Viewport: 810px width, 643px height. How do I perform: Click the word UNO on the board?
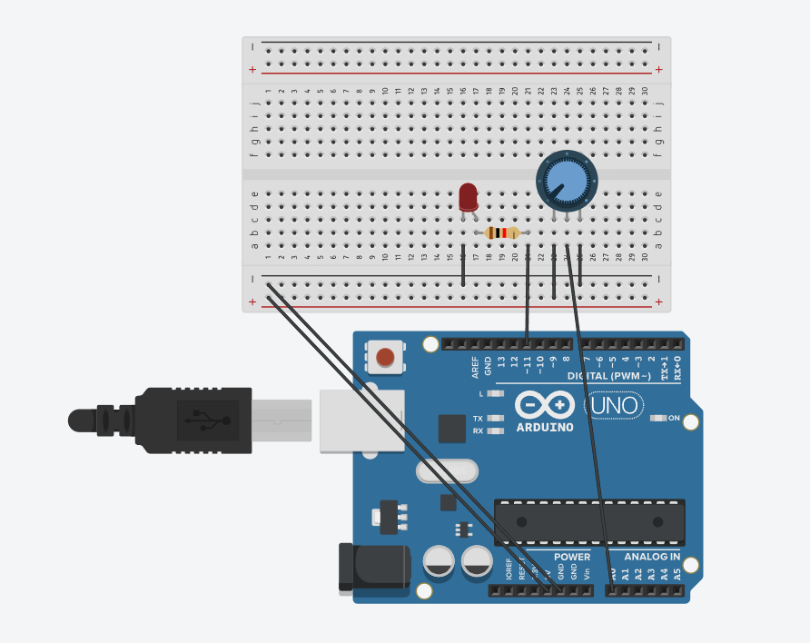point(615,405)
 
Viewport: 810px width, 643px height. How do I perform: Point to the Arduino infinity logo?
point(545,405)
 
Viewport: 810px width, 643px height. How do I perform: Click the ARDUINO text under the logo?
point(545,426)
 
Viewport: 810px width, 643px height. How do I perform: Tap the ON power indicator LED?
point(659,419)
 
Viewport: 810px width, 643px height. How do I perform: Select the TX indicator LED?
point(495,419)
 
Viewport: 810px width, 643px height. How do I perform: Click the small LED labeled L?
point(495,394)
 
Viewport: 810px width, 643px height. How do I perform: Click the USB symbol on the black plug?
point(199,418)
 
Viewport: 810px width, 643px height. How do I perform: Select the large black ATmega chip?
point(589,522)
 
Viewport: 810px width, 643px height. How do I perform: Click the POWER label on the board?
point(572,557)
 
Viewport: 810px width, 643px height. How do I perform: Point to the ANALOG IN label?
point(652,557)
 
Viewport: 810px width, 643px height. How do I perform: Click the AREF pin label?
point(475,366)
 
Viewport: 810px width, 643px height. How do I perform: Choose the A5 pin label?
point(677,574)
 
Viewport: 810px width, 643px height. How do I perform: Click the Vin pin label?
point(587,574)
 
